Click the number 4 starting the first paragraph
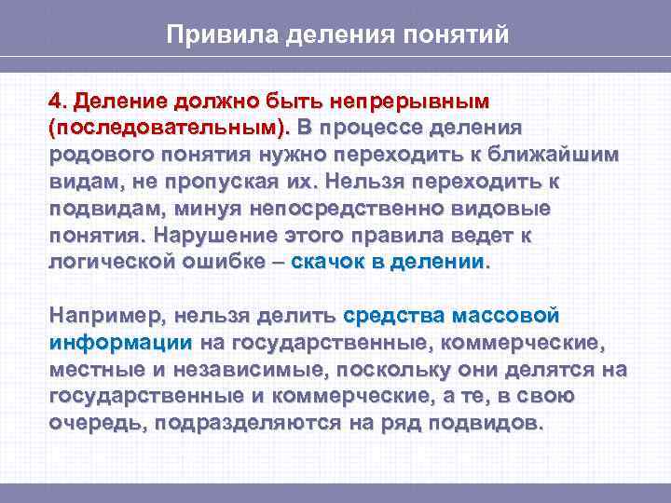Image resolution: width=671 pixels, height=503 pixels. pyautogui.click(x=55, y=100)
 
